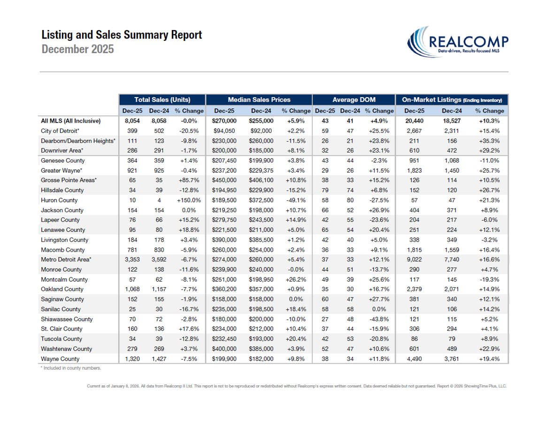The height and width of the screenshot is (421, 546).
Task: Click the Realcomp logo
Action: point(457,41)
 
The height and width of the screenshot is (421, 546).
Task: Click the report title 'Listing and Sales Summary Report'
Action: point(122,35)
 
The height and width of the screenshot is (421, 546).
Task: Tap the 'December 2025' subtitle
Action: point(77,49)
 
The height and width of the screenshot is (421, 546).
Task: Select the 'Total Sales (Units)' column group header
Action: point(162,100)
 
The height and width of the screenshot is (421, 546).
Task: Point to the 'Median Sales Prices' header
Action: point(259,100)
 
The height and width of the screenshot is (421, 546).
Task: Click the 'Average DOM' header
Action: point(354,100)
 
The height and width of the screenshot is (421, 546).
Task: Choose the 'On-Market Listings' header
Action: point(452,100)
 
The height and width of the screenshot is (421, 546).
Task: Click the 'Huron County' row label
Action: point(59,200)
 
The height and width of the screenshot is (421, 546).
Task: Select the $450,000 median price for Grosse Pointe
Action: point(224,180)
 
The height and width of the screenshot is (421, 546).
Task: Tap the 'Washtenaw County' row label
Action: point(67,349)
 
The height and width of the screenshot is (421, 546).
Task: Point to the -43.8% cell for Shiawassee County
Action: point(379,319)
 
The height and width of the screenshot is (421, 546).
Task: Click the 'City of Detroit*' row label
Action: point(60,130)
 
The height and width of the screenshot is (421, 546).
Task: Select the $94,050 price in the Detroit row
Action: point(224,130)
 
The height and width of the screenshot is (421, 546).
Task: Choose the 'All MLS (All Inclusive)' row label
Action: point(71,121)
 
